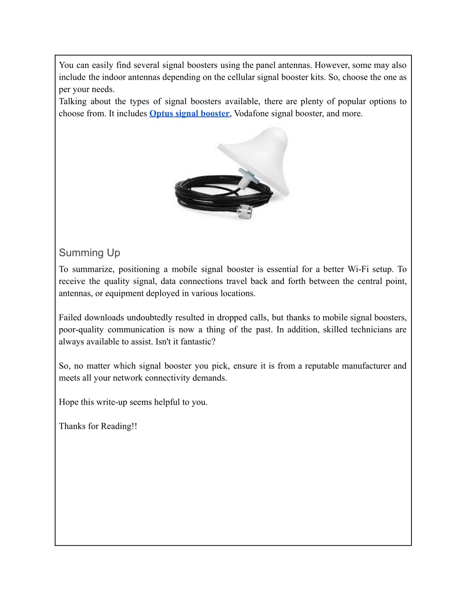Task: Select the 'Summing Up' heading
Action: click(89, 253)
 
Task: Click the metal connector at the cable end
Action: click(245, 212)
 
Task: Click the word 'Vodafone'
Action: click(251, 114)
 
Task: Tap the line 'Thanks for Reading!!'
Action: click(98, 426)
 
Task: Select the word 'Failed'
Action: click(70, 318)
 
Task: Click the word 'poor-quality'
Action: click(81, 330)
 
